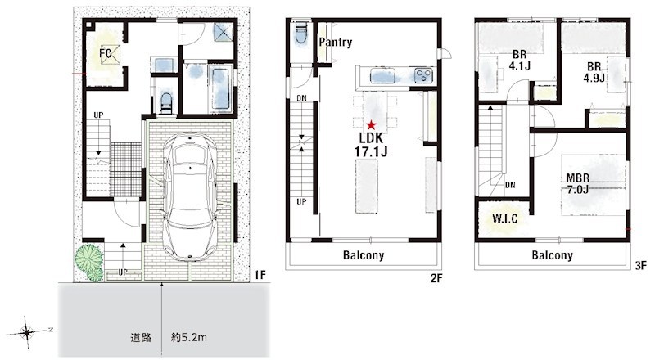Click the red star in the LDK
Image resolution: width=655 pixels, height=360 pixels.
coord(371,124)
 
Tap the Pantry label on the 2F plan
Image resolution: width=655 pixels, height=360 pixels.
coord(336,43)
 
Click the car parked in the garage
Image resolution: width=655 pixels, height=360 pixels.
coord(190,196)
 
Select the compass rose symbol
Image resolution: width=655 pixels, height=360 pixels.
coord(27,333)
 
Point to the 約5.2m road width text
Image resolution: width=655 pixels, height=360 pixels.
coord(189,337)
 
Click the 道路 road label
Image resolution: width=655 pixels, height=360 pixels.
coord(141,337)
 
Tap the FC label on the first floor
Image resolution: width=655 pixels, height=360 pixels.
coord(106,53)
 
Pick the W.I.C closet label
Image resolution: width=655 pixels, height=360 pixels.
coord(504,218)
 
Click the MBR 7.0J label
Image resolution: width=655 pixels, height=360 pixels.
coord(578,184)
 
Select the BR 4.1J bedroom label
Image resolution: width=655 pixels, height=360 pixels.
coord(519,61)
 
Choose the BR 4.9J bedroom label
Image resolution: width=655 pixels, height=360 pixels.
coord(594,72)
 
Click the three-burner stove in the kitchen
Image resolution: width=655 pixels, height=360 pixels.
coord(423,75)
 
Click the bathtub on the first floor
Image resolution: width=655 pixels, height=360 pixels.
coord(219,88)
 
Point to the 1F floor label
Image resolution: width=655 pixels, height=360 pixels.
coord(260,275)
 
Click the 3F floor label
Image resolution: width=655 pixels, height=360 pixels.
coord(640,265)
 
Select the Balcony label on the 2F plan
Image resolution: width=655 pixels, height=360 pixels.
coord(364,255)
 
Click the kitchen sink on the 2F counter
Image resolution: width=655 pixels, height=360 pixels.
coord(383,76)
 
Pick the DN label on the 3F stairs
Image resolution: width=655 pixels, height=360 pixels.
coord(510,185)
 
